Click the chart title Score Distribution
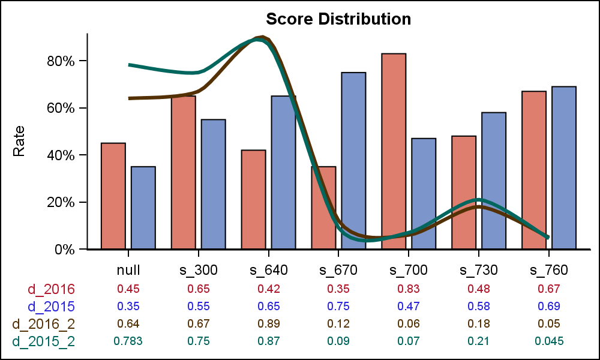[338, 19]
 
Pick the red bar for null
[113, 196]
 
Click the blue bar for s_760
[564, 168]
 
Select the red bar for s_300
[184, 172]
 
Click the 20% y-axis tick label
[60, 202]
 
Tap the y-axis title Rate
[19, 141]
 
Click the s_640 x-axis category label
[268, 270]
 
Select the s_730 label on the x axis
[479, 270]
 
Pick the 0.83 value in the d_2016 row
[409, 289]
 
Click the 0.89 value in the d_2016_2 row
[268, 323]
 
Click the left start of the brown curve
[130, 98]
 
